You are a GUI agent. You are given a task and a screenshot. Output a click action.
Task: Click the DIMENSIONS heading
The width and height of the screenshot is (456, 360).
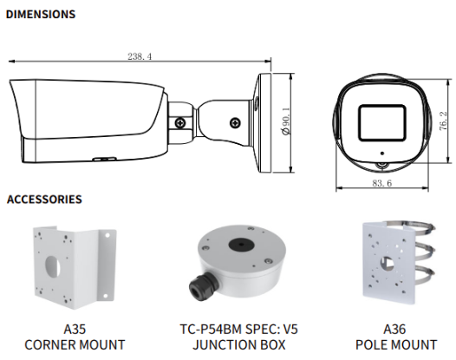tap(41, 14)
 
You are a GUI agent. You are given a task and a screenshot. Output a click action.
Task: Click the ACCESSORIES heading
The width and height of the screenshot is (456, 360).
tap(44, 200)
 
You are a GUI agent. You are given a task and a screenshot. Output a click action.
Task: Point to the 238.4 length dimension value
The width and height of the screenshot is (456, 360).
tap(140, 56)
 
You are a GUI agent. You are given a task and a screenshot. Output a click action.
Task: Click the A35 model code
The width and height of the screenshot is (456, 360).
tap(75, 329)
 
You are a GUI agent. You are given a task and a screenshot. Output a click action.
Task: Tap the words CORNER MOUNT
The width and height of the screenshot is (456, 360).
tap(75, 344)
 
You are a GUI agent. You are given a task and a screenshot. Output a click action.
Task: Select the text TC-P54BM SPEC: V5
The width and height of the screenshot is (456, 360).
tap(238, 329)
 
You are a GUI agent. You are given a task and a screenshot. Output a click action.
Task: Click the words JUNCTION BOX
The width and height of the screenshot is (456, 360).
tap(238, 344)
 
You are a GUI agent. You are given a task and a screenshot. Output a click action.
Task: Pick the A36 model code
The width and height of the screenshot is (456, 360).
tap(395, 329)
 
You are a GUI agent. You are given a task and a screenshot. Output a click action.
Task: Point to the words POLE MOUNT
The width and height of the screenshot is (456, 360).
tap(395, 344)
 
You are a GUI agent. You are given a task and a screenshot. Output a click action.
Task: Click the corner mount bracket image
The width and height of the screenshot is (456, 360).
tap(73, 264)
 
